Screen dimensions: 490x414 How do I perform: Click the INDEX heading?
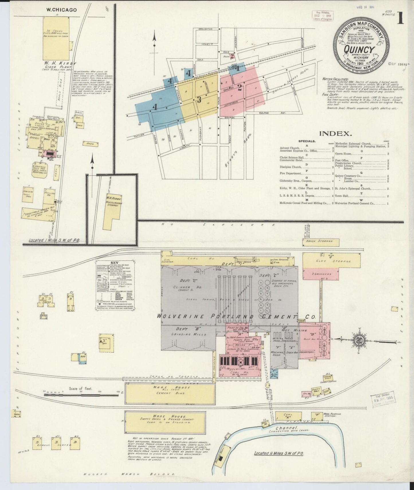335,133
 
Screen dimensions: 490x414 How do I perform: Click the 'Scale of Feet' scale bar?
81,395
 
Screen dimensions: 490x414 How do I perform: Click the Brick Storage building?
321,242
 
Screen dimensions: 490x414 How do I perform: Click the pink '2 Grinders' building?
321,274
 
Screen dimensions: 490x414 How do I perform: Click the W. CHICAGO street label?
62,10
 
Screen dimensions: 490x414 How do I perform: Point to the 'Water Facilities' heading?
335,79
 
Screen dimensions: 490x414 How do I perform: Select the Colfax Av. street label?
272,113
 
